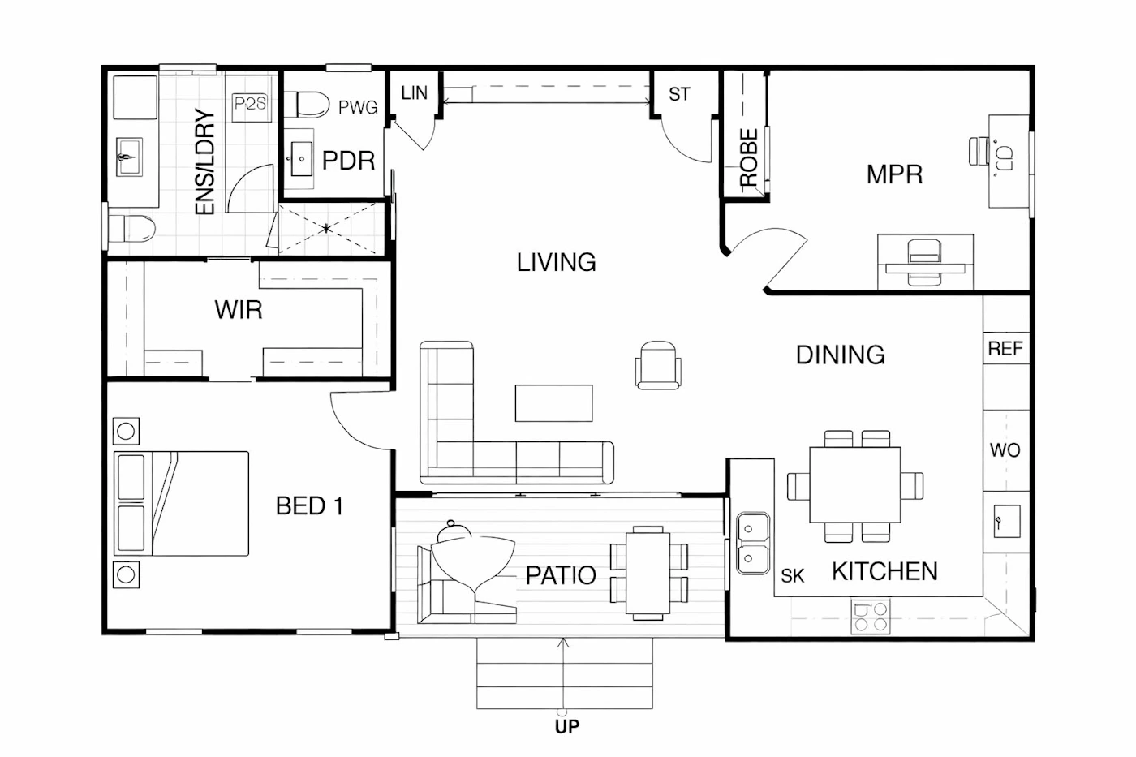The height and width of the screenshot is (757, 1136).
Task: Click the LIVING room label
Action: pyautogui.click(x=557, y=262)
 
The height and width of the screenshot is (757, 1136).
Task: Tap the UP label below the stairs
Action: pyautogui.click(x=567, y=727)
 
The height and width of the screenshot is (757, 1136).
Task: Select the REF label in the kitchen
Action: pyautogui.click(x=1005, y=348)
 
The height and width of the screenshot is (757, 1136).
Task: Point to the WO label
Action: pyautogui.click(x=1005, y=449)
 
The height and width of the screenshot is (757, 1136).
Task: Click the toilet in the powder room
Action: pyautogui.click(x=307, y=105)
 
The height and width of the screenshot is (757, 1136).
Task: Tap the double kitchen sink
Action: pyautogui.click(x=753, y=543)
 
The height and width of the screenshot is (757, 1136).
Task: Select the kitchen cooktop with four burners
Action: pyautogui.click(x=870, y=617)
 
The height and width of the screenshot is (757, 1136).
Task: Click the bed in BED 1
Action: pyautogui.click(x=181, y=504)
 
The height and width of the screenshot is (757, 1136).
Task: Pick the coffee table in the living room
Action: pyautogui.click(x=553, y=403)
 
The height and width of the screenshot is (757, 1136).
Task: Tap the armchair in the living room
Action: pyautogui.click(x=658, y=365)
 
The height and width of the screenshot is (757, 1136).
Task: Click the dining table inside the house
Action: pyautogui.click(x=855, y=484)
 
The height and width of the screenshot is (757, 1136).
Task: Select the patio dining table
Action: pyautogui.click(x=648, y=573)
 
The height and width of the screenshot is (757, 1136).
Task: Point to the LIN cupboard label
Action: pyautogui.click(x=414, y=92)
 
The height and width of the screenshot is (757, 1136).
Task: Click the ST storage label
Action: pyautogui.click(x=679, y=94)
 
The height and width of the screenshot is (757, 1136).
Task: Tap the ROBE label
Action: pyautogui.click(x=748, y=157)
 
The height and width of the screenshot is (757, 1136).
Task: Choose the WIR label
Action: pyautogui.click(x=239, y=310)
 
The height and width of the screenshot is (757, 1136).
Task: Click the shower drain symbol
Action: pyautogui.click(x=326, y=229)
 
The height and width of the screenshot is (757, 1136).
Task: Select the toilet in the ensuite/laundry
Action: pyautogui.click(x=131, y=229)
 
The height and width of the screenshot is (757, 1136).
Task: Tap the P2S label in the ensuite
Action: pyautogui.click(x=251, y=103)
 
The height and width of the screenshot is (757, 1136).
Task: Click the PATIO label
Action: pyautogui.click(x=561, y=575)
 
